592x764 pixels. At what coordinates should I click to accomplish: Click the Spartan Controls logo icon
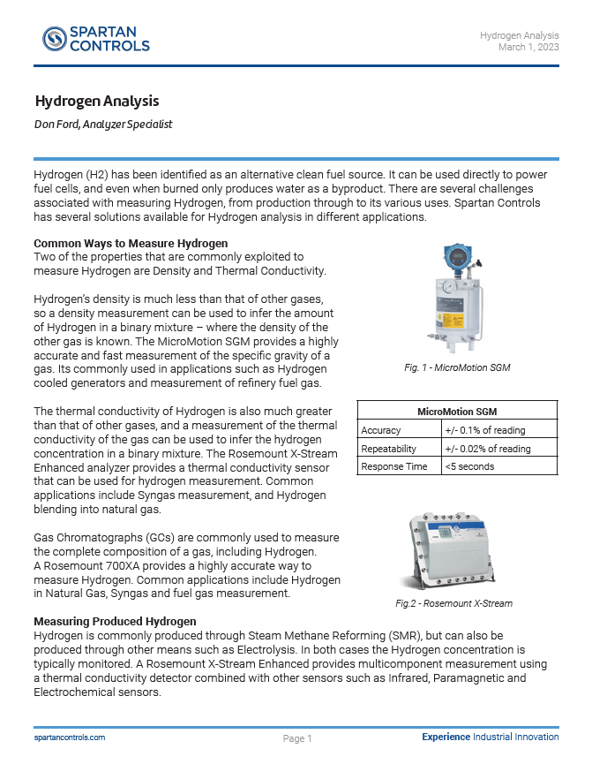pos(55,38)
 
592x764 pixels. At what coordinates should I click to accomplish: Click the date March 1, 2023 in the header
pos(528,47)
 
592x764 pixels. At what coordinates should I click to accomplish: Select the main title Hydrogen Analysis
pos(97,102)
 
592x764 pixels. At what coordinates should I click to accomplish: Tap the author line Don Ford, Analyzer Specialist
pos(103,125)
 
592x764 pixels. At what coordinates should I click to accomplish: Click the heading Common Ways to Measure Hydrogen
pos(131,243)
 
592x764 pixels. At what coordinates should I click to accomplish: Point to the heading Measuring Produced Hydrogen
pos(115,622)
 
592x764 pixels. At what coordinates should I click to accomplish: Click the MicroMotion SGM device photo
pos(457,300)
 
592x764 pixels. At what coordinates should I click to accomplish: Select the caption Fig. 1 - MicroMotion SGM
pos(457,367)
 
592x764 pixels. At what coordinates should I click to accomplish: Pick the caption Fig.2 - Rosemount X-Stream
pos(453,604)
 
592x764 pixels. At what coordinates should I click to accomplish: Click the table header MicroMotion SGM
pos(457,412)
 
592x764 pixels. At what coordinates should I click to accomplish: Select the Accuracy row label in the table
pos(381,430)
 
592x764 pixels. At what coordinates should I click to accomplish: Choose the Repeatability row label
pos(388,449)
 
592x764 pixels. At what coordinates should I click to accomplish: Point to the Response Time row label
pos(394,466)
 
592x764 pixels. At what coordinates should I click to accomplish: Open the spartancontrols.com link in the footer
pos(70,737)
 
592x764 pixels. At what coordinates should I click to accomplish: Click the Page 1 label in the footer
pos(297,738)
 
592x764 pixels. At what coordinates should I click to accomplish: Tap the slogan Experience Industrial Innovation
pos(490,737)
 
